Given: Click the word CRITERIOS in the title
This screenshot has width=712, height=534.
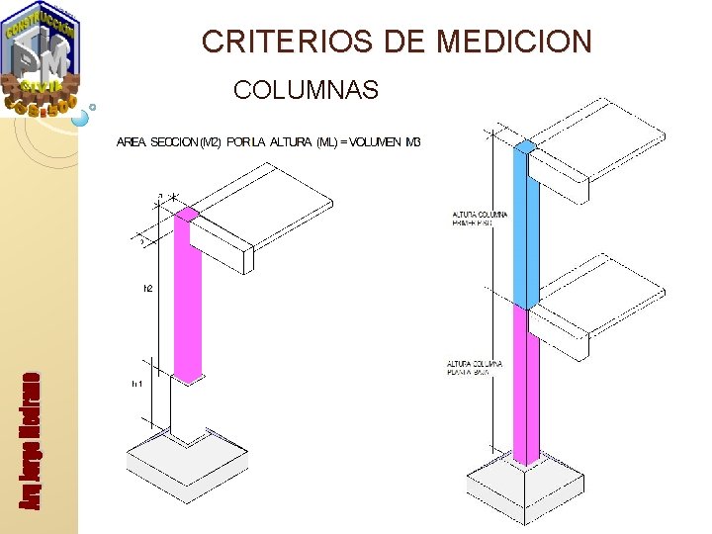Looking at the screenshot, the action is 263,42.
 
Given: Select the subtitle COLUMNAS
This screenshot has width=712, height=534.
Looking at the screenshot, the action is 306,91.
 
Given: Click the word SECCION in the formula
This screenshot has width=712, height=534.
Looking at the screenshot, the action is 174,142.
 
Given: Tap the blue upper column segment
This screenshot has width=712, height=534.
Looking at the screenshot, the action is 525,227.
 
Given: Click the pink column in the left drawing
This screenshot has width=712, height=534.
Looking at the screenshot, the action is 187,297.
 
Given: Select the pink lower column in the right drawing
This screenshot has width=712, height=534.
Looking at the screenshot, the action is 525,386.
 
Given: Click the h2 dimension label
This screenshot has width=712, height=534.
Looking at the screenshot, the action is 148,289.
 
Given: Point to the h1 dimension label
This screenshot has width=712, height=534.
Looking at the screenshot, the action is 137,384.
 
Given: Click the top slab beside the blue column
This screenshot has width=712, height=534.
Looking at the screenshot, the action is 603,148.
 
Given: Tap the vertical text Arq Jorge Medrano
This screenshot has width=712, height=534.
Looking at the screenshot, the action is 31,440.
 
